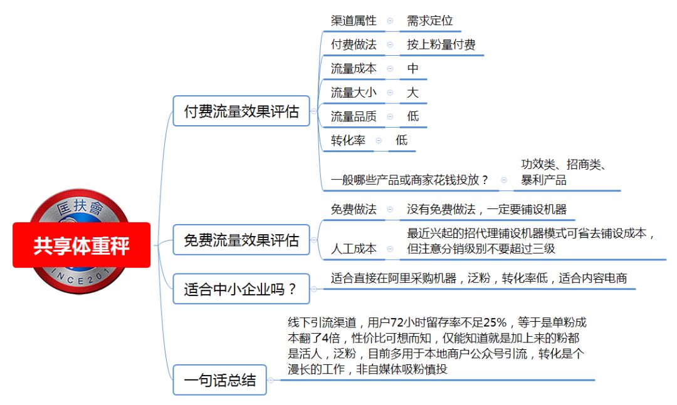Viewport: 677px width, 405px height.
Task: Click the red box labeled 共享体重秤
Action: click(x=81, y=245)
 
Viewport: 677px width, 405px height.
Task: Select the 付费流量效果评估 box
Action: click(x=241, y=111)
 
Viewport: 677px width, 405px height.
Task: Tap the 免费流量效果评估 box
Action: click(x=241, y=240)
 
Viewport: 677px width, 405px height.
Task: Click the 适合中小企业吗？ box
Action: click(x=241, y=289)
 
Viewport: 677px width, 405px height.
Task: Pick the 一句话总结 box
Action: click(x=220, y=380)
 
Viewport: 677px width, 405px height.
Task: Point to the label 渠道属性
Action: click(x=354, y=20)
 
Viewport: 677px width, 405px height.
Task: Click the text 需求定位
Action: click(x=429, y=20)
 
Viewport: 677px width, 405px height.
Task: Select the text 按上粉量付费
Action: click(x=441, y=44)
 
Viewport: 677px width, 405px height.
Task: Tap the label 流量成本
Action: click(x=354, y=69)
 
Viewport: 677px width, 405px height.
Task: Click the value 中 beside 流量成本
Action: click(x=412, y=69)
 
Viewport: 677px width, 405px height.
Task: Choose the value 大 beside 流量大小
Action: click(x=412, y=92)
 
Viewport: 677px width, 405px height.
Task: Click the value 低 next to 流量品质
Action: click(x=412, y=116)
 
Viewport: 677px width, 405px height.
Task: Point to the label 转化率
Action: click(x=348, y=140)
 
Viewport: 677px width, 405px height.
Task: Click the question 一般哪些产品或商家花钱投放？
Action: click(x=410, y=180)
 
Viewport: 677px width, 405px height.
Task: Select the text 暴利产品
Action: click(x=543, y=180)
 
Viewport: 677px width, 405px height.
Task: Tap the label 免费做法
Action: click(x=354, y=209)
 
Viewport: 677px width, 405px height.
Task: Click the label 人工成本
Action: click(x=354, y=249)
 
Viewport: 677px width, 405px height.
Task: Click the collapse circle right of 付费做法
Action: click(x=391, y=44)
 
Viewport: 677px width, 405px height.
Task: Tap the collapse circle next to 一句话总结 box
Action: click(x=271, y=380)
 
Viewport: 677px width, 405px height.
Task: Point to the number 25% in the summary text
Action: click(x=495, y=322)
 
